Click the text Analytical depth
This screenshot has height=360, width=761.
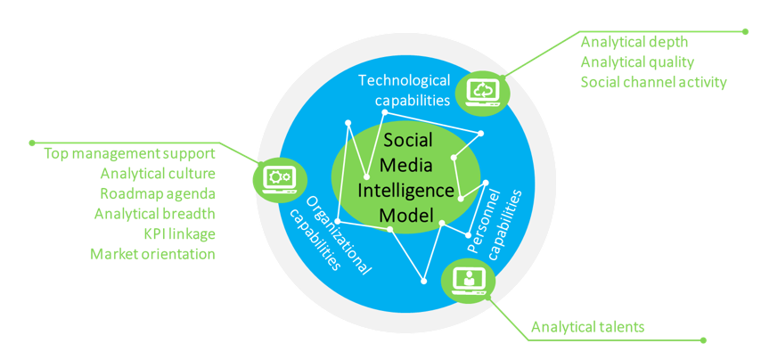point(634,42)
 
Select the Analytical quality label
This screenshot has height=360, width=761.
point(637,61)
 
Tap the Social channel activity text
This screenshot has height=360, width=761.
point(653,82)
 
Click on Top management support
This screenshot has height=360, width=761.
point(129,154)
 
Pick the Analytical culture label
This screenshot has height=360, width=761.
point(157,174)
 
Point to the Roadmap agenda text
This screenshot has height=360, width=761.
point(157,193)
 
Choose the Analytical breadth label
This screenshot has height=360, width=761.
point(154,214)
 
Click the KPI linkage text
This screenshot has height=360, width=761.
point(179,233)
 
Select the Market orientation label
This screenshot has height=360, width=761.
point(152,254)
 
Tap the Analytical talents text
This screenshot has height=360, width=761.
point(587,328)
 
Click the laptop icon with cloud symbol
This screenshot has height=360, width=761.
point(481,91)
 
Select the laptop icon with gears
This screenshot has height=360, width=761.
point(279,178)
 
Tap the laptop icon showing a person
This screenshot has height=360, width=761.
point(467,280)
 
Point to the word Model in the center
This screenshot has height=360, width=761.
point(405,215)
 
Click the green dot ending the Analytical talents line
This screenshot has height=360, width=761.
point(704,340)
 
